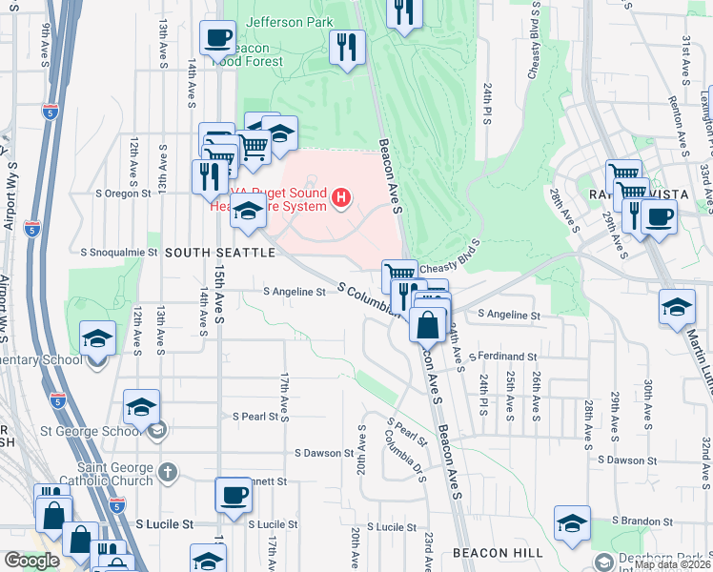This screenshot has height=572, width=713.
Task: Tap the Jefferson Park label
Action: click(290, 21)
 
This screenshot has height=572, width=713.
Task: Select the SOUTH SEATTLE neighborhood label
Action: click(220, 253)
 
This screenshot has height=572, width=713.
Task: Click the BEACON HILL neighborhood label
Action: click(498, 553)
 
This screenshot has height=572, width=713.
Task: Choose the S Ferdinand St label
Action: click(504, 356)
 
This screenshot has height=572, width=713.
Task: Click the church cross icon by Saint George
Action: click(168, 472)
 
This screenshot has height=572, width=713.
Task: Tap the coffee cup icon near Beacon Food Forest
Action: click(217, 38)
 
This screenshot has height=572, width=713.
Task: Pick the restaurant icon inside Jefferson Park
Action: click(347, 47)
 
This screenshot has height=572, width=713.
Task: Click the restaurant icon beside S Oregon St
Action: click(209, 175)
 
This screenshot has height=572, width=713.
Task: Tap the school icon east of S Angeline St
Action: click(677, 307)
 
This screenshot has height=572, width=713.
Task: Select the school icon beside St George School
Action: click(142, 407)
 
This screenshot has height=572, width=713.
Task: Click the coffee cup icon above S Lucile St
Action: click(234, 495)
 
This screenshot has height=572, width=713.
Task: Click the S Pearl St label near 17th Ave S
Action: click(260, 417)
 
